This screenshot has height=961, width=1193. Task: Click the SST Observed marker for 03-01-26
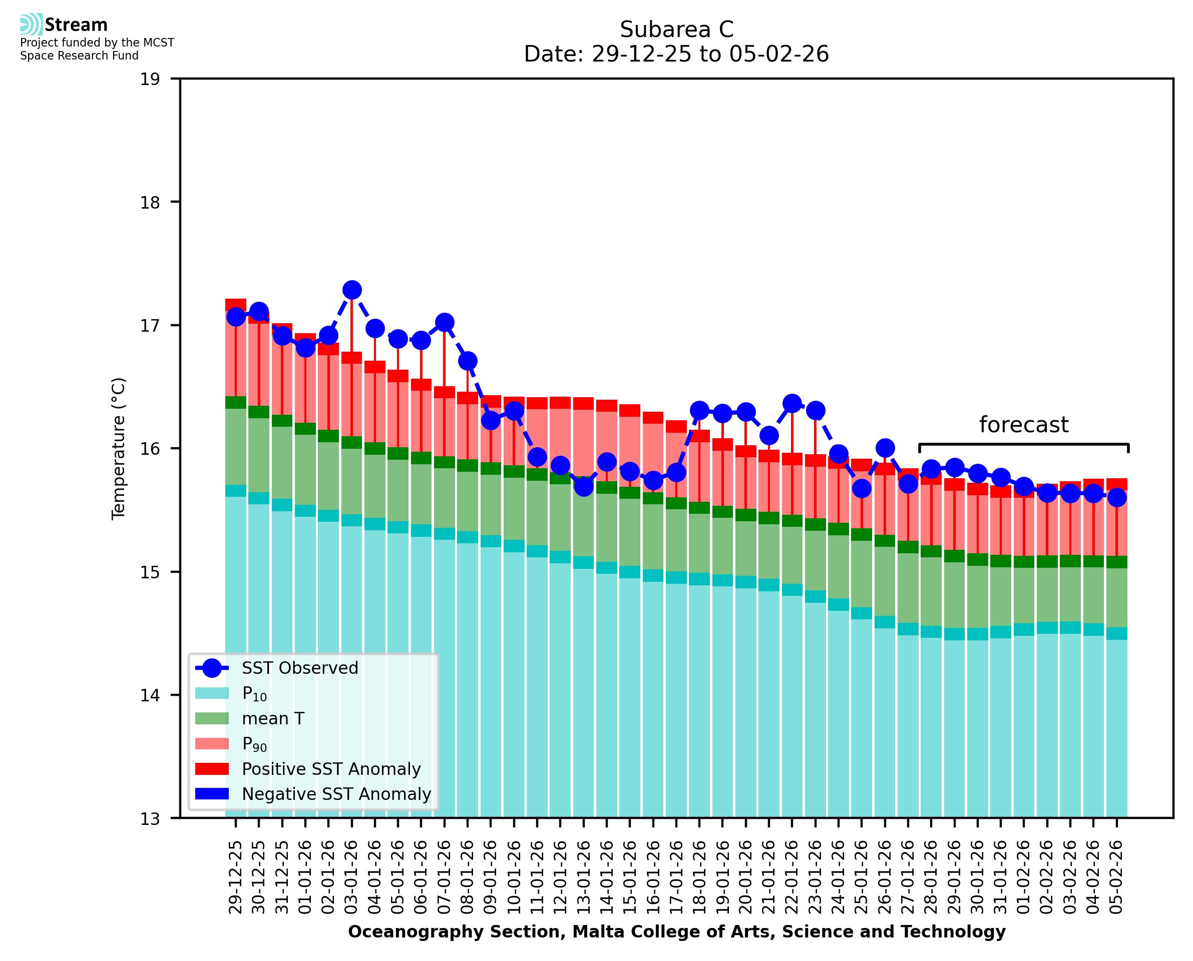coord(352,290)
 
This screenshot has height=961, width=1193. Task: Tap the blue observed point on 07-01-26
coord(444,322)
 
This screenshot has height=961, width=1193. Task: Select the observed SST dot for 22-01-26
coord(792,403)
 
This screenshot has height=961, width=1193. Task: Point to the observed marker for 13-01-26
coord(584,487)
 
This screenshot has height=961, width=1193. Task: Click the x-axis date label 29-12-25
coord(236,877)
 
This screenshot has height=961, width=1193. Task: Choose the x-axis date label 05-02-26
coord(1116,877)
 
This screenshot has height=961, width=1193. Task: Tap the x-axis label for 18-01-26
coord(699,877)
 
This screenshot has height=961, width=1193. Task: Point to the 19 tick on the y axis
coord(150,79)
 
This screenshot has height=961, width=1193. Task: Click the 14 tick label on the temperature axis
coord(150,695)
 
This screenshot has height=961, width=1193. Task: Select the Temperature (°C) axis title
coord(119,448)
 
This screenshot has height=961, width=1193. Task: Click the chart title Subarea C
coord(676,30)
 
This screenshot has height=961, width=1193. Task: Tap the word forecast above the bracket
coord(1023,425)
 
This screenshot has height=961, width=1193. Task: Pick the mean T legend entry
coord(273,718)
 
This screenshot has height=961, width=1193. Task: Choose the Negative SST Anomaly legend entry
coord(336,794)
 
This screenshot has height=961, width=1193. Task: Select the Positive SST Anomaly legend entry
coord(331,769)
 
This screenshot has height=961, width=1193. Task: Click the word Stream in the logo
coord(76,25)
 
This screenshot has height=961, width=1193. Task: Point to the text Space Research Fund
coord(79,56)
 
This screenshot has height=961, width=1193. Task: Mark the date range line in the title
coord(676,54)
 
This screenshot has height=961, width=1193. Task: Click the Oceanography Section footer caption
coord(676,931)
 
